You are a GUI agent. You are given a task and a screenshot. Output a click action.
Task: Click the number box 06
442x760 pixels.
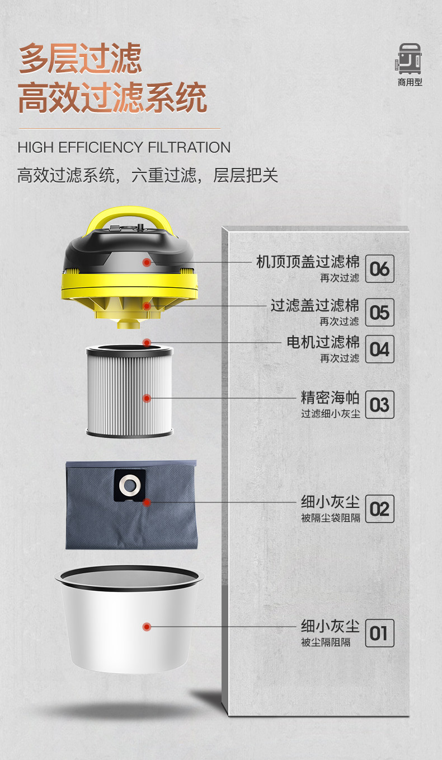click(x=380, y=269)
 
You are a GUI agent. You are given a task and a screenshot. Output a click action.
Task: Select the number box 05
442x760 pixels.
click(x=380, y=312)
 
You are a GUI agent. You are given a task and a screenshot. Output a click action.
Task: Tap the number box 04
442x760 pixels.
click(x=380, y=349)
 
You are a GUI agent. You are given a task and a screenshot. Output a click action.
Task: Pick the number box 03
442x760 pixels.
click(x=380, y=404)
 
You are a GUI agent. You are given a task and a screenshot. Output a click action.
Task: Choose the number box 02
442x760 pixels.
click(x=380, y=509)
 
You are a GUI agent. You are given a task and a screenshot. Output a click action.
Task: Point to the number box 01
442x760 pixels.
click(x=380, y=633)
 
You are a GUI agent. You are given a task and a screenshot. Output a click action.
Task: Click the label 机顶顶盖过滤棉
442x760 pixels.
click(x=308, y=262)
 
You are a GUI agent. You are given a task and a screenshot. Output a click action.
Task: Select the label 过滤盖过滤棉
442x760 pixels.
click(x=315, y=305)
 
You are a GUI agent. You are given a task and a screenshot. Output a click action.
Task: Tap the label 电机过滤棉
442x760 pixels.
click(x=323, y=342)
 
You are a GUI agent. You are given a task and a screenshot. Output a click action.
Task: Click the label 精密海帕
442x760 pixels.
click(x=330, y=397)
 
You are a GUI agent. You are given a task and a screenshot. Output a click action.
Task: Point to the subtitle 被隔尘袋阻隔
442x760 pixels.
click(x=331, y=517)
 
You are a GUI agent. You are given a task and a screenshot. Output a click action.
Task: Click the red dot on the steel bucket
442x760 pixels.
click(x=147, y=627)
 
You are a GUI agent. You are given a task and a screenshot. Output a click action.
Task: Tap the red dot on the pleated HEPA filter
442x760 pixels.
click(x=147, y=398)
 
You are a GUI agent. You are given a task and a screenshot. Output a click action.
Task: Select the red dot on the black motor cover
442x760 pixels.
click(x=147, y=262)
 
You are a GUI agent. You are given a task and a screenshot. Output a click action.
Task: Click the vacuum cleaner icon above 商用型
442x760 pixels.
click(x=408, y=58)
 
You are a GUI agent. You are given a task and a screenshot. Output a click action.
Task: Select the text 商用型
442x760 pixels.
click(x=410, y=82)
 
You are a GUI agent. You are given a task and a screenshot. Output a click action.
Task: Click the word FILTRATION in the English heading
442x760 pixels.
click(x=189, y=148)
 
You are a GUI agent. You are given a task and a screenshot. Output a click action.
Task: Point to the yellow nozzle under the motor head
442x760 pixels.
click(x=129, y=324)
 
